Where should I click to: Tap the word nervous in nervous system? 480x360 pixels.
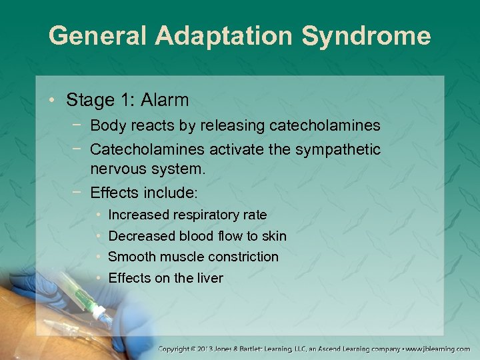click(x=117, y=169)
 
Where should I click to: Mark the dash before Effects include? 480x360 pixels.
click(x=79, y=193)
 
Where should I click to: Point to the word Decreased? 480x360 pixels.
click(x=141, y=236)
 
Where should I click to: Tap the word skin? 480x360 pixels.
click(x=274, y=236)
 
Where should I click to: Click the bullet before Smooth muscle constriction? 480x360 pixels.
click(x=98, y=257)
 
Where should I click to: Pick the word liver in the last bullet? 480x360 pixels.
click(x=210, y=278)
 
